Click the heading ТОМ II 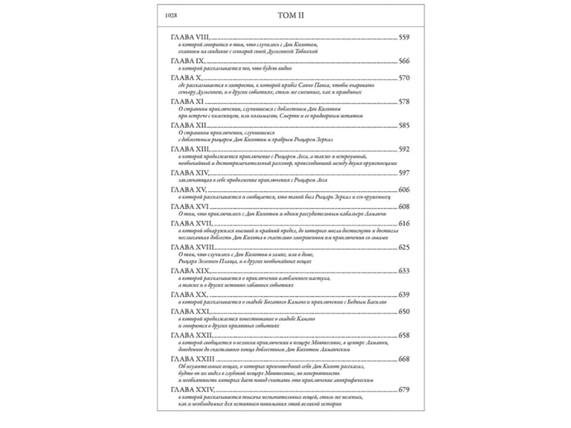click(x=291, y=15)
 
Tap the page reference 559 click(x=404, y=37)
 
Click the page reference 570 click(x=404, y=78)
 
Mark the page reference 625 click(x=404, y=247)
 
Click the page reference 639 click(x=404, y=295)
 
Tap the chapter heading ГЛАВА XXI click(x=189, y=311)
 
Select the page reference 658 click(x=404, y=336)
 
